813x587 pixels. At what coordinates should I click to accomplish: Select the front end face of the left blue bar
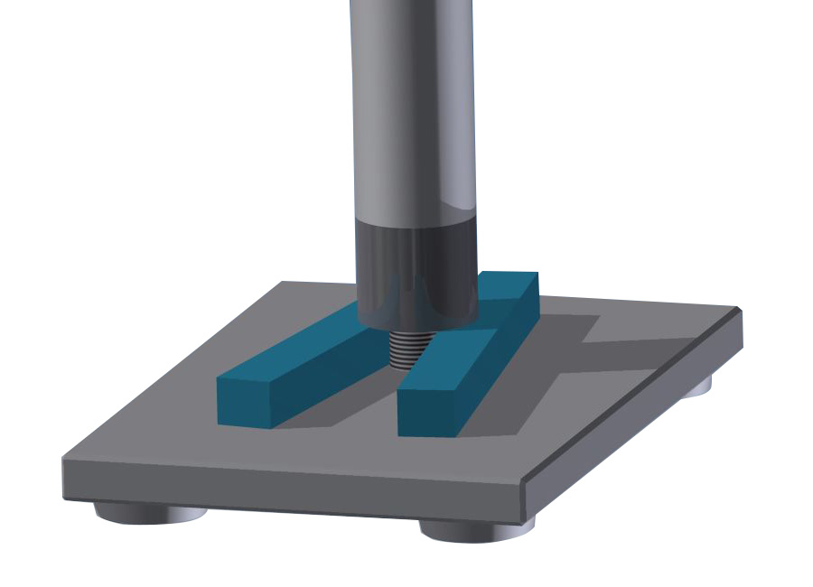[246, 402]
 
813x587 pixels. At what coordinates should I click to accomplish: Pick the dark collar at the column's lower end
[416, 271]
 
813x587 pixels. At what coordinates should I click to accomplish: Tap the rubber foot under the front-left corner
[149, 513]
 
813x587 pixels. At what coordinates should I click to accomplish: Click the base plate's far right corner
[739, 312]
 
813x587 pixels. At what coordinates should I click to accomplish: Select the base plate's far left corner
[282, 284]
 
